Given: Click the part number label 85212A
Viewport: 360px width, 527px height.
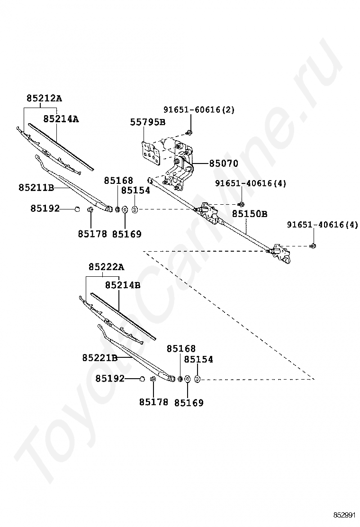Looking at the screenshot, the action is (45, 99).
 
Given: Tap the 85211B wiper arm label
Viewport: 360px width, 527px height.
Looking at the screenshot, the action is (36, 188).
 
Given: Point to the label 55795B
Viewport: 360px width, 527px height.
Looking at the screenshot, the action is (148, 122).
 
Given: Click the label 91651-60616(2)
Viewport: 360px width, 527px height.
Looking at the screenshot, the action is (199, 109).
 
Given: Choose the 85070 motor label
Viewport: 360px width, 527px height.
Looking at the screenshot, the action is (223, 164).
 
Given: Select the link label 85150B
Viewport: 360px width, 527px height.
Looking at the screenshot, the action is (250, 214).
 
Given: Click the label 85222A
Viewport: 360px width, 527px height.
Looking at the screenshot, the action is (107, 267).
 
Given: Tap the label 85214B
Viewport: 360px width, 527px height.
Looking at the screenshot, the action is (123, 285).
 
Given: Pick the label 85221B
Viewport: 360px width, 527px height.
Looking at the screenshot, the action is (100, 358).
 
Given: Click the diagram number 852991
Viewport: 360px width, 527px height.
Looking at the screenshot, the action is (344, 516).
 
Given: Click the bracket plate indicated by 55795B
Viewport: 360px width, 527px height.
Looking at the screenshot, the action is (150, 153).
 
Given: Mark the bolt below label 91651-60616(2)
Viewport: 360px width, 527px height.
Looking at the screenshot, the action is (189, 132).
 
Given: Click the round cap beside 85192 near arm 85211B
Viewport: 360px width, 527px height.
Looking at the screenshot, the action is (77, 209).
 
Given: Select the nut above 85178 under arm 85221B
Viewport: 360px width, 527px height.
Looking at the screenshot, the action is (153, 379).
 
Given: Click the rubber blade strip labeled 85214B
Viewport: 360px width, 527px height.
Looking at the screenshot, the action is (123, 316).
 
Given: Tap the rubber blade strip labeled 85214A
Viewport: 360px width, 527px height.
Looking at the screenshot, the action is (61, 146).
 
